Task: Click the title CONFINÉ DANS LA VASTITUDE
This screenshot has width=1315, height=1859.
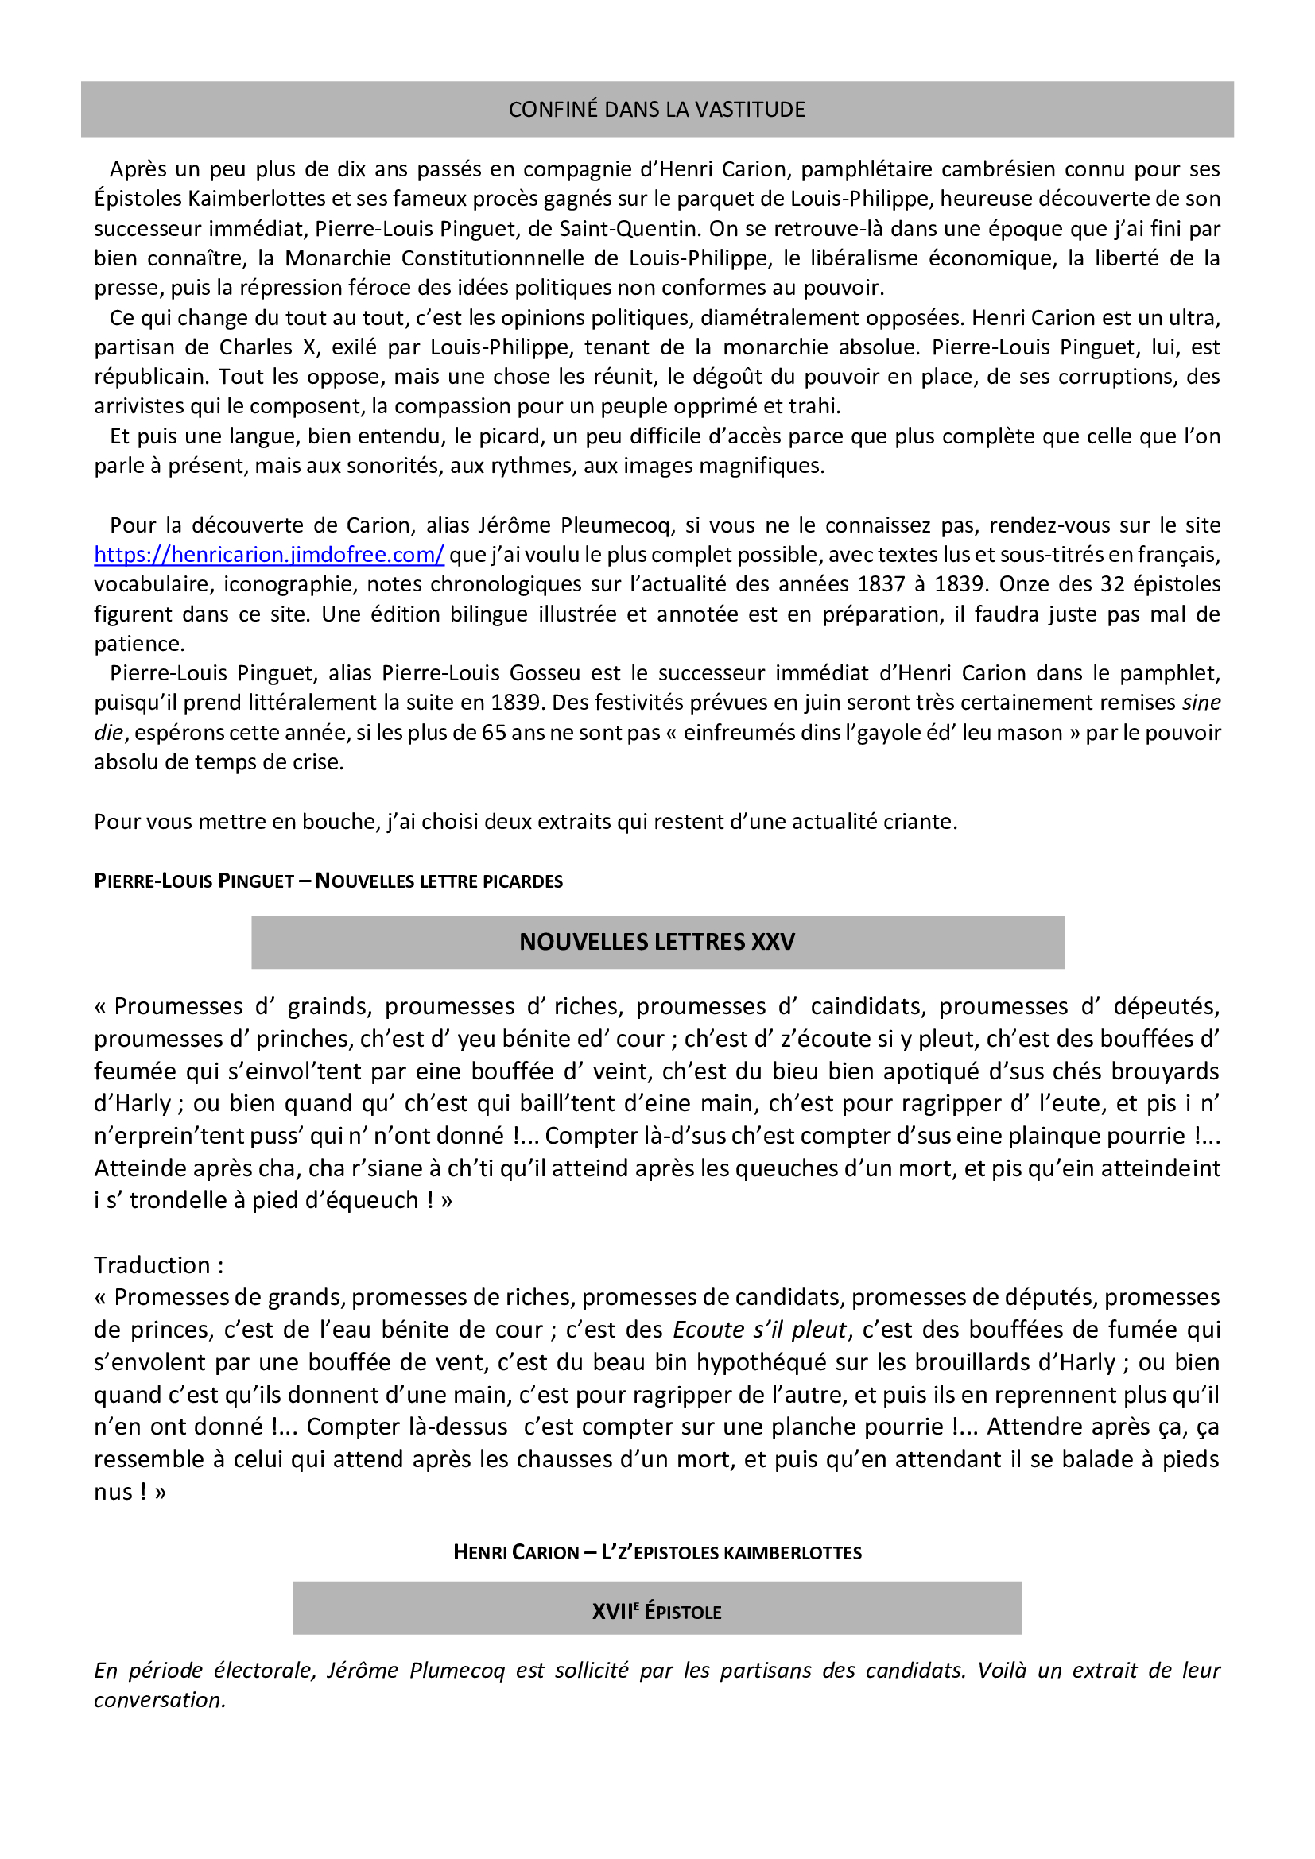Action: point(657,110)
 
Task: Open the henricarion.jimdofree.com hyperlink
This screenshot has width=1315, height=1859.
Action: point(269,555)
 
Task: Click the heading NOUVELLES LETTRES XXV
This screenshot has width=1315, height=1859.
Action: point(657,942)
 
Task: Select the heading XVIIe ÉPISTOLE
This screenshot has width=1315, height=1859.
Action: point(657,1611)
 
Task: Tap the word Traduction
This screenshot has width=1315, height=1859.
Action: point(152,1265)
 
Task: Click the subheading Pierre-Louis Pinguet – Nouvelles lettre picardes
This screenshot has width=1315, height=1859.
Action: point(328,881)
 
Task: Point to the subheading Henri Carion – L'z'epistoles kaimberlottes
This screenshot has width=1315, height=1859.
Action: point(657,1552)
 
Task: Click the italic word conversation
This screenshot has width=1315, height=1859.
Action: point(160,1700)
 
